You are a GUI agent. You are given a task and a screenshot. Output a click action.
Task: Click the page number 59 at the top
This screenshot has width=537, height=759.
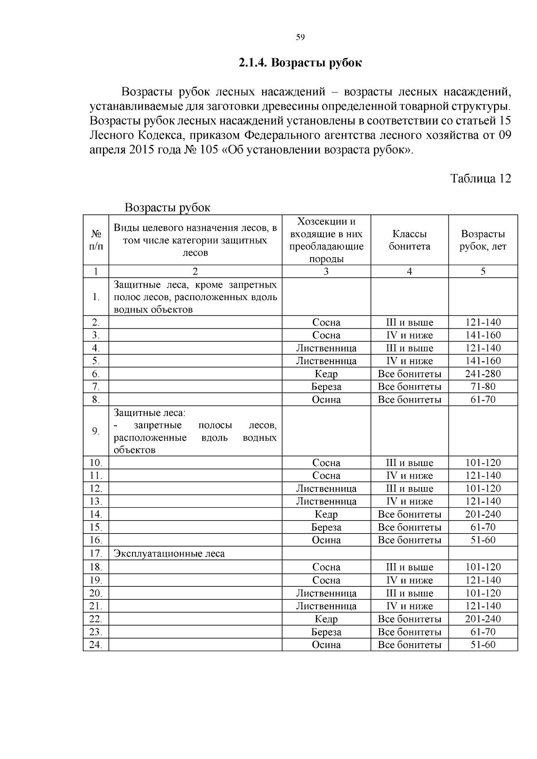coord(300,37)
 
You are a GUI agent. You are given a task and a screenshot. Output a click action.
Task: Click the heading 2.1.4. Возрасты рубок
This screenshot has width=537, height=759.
coord(300,63)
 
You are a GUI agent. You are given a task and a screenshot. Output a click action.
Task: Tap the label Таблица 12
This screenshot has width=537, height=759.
coord(480,178)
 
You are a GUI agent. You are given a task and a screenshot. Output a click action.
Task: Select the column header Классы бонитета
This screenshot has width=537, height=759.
coord(409,240)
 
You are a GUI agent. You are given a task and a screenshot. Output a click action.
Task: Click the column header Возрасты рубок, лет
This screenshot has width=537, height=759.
coord(483,240)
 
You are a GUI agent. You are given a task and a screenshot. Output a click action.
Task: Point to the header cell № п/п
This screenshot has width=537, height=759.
coord(96,240)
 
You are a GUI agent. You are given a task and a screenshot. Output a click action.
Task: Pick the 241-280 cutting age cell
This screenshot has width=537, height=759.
coord(483,374)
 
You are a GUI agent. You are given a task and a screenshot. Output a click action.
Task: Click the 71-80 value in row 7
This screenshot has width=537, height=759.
coord(483,387)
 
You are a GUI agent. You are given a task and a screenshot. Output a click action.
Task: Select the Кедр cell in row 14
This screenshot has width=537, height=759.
coord(326,514)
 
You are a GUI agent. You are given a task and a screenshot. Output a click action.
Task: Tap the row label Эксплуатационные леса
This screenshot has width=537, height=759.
coord(169,554)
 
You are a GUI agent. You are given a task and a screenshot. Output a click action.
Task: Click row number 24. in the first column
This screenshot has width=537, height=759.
coord(96,645)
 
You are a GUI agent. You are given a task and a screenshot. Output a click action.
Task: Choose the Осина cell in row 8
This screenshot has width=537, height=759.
coord(326,400)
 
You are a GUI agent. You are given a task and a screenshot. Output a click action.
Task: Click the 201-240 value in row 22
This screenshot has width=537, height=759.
coord(483,619)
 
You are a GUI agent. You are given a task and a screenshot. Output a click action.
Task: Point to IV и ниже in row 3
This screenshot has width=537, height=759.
coord(409,335)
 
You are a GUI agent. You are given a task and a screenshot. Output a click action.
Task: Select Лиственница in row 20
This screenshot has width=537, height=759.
coord(326,593)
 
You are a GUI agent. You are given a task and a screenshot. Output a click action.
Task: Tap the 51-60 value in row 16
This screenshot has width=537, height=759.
coord(483,540)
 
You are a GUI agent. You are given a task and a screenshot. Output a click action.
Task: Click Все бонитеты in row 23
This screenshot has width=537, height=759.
coord(409,632)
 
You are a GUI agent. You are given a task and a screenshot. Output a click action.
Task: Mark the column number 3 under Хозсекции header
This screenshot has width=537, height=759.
coord(326,271)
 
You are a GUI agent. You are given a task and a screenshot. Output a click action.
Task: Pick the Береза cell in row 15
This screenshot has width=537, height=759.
coord(326,527)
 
